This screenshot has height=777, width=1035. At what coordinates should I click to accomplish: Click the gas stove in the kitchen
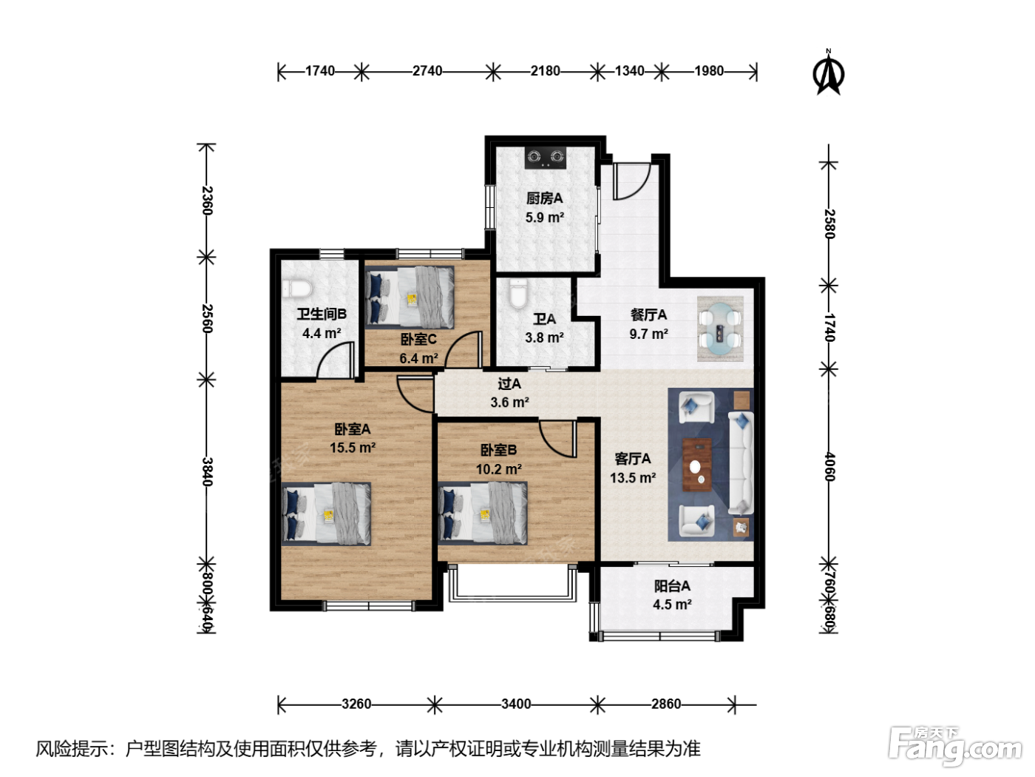[546, 158]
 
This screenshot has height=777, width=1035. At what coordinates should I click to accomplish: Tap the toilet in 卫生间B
[297, 289]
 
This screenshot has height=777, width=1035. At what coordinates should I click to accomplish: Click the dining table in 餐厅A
[720, 329]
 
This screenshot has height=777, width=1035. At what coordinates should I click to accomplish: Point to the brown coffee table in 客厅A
[697, 465]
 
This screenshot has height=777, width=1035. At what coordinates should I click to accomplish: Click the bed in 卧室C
[410, 297]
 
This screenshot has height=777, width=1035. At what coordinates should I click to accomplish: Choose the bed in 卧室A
[326, 514]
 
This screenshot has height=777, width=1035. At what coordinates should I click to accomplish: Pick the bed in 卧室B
[482, 513]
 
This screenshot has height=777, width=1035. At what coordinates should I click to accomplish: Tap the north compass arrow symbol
[829, 73]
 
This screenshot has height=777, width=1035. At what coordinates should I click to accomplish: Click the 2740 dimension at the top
[427, 71]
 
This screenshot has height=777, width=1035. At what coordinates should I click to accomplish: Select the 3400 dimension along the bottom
[516, 704]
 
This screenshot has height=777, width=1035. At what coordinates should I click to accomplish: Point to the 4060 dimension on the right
[829, 467]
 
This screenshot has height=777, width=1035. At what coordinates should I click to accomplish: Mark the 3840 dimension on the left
[207, 471]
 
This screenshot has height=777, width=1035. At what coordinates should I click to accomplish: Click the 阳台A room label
[672, 586]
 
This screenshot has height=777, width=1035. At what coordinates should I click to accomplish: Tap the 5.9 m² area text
[545, 218]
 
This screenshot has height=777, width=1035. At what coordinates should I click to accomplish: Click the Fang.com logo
[955, 747]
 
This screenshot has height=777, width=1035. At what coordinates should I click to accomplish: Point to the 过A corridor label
[509, 383]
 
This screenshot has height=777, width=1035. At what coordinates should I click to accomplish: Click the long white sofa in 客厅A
[741, 462]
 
